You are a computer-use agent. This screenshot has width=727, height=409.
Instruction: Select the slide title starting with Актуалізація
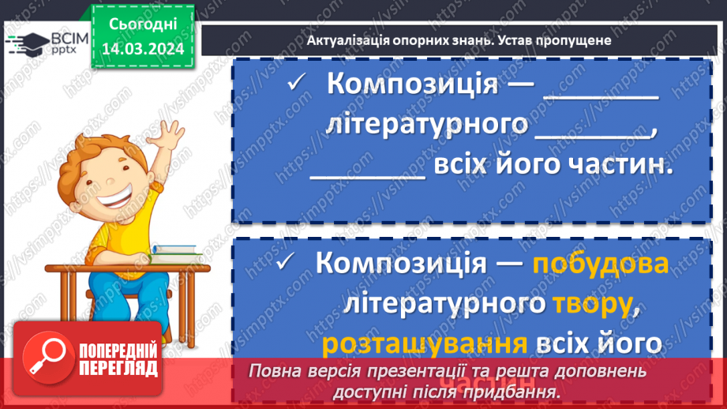coord(454,40)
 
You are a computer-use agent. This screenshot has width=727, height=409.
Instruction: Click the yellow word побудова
coord(600,263)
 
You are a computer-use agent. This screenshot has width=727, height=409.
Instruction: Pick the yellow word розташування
coord(425,344)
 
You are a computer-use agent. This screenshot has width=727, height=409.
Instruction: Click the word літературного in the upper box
coord(427,126)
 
